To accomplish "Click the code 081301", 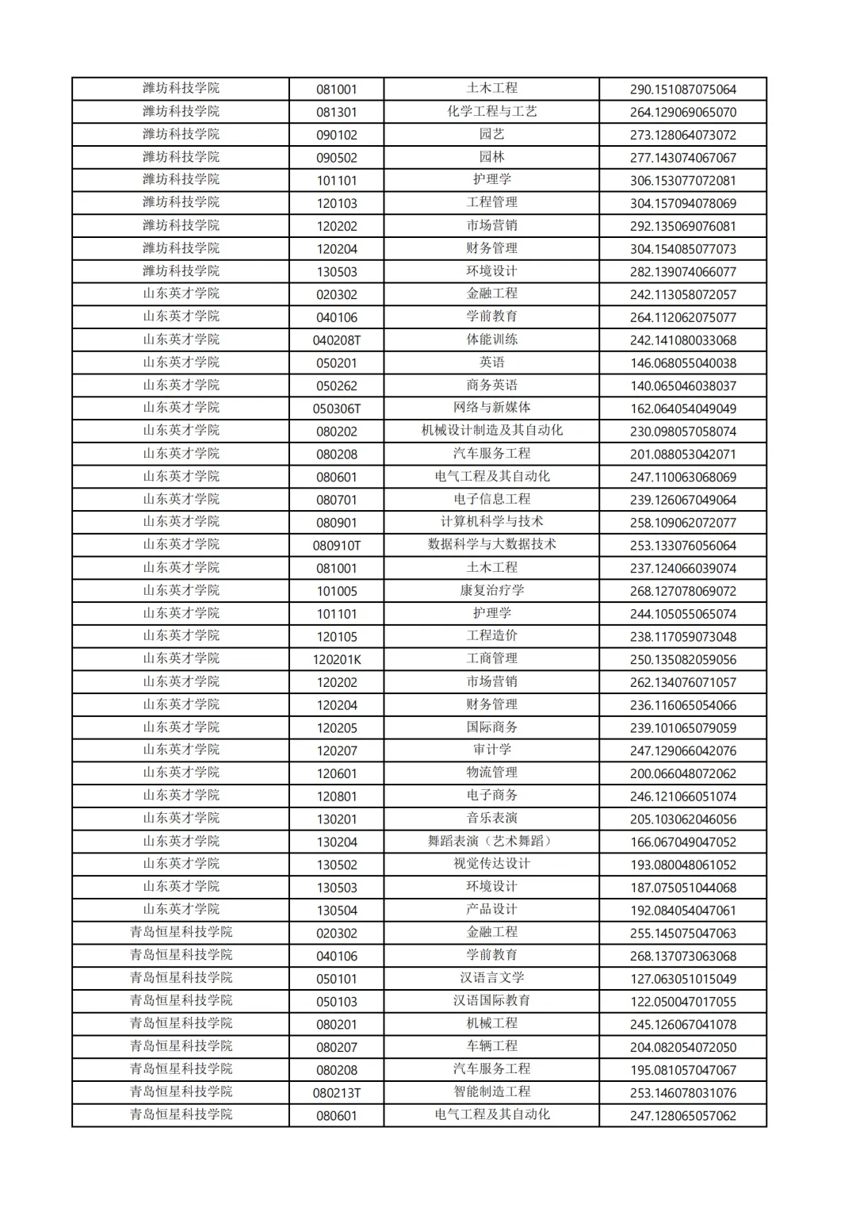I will coord(336,112).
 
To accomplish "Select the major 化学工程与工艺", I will coord(491,112).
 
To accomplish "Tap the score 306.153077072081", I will coord(682,181).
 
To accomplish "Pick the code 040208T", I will coord(336,340).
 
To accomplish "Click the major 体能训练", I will coord(491,339).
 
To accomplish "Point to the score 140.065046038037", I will coord(682,386).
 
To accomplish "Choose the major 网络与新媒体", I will coord(491,408).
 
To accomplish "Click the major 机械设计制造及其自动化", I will coord(491,431).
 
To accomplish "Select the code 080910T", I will coord(336,546).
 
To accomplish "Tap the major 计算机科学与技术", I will coord(491,522).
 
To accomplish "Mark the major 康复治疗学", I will coord(491,591).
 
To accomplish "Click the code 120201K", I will coord(336,660).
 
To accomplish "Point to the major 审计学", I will coord(491,750).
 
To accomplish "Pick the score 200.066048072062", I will coord(682,774).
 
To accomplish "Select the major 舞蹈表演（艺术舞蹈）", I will coord(491,842).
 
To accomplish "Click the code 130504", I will coord(336,911).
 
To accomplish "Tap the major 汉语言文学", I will coord(491,979).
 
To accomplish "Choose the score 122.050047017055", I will coord(682,1002).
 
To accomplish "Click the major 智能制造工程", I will coord(491,1092).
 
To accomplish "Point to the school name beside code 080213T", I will coord(181,1092).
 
